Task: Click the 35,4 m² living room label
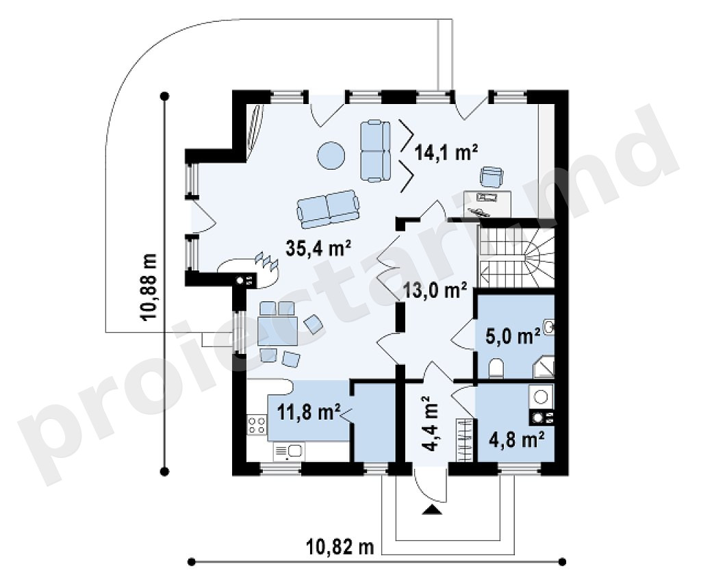coord(318,249)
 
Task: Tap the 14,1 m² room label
coord(446,153)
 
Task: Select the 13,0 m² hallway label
coord(435,290)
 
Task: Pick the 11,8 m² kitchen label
coord(309,411)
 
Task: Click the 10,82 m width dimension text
coord(340,546)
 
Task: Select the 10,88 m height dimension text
coord(149,287)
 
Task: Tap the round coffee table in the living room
coord(331,155)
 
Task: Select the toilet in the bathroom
coord(496,368)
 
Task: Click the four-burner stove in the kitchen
coord(257,424)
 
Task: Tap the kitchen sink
coord(289,451)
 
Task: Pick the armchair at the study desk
coord(492,177)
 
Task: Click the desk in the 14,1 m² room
coord(487,203)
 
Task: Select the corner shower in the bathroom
coord(543,367)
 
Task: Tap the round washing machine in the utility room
coord(541,396)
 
